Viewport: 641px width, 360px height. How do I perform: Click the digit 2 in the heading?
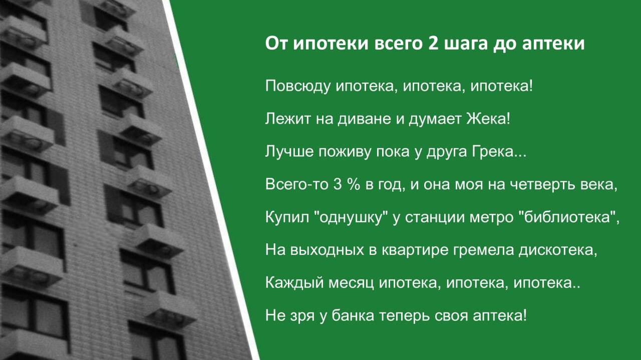coord(433,44)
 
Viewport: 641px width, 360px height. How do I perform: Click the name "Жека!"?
coord(488,119)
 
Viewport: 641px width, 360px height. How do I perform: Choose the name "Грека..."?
coord(499,151)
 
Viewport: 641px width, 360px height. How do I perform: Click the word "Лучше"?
coord(289,151)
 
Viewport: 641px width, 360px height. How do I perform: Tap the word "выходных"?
coord(327,250)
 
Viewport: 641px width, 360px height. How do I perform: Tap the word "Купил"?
coord(287,217)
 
